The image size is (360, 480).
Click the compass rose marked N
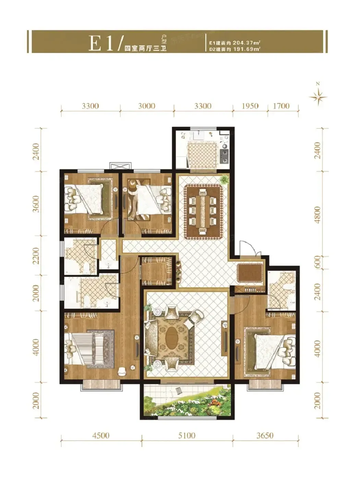tap(319, 96)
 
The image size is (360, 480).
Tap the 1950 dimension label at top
tap(250, 106)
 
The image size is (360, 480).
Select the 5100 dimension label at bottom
tap(187, 436)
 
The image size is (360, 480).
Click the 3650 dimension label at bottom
tap(265, 436)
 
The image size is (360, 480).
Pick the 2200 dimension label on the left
tap(36, 256)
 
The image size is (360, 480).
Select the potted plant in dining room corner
tap(224, 180)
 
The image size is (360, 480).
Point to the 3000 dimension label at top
tap(147, 106)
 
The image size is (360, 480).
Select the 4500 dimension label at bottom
tap(100, 436)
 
